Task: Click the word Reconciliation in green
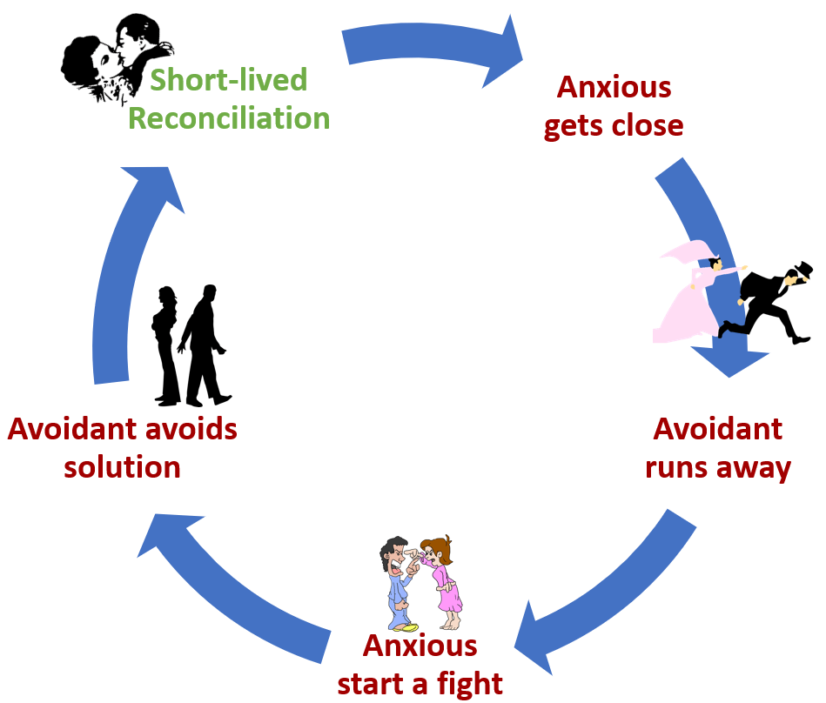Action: (229, 117)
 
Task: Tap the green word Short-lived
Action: (229, 81)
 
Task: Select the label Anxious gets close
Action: (614, 106)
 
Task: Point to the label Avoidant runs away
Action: (717, 448)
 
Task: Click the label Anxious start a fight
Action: (420, 664)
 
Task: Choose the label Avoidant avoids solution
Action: (122, 447)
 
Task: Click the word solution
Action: (122, 467)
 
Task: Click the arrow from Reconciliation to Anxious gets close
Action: (431, 48)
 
